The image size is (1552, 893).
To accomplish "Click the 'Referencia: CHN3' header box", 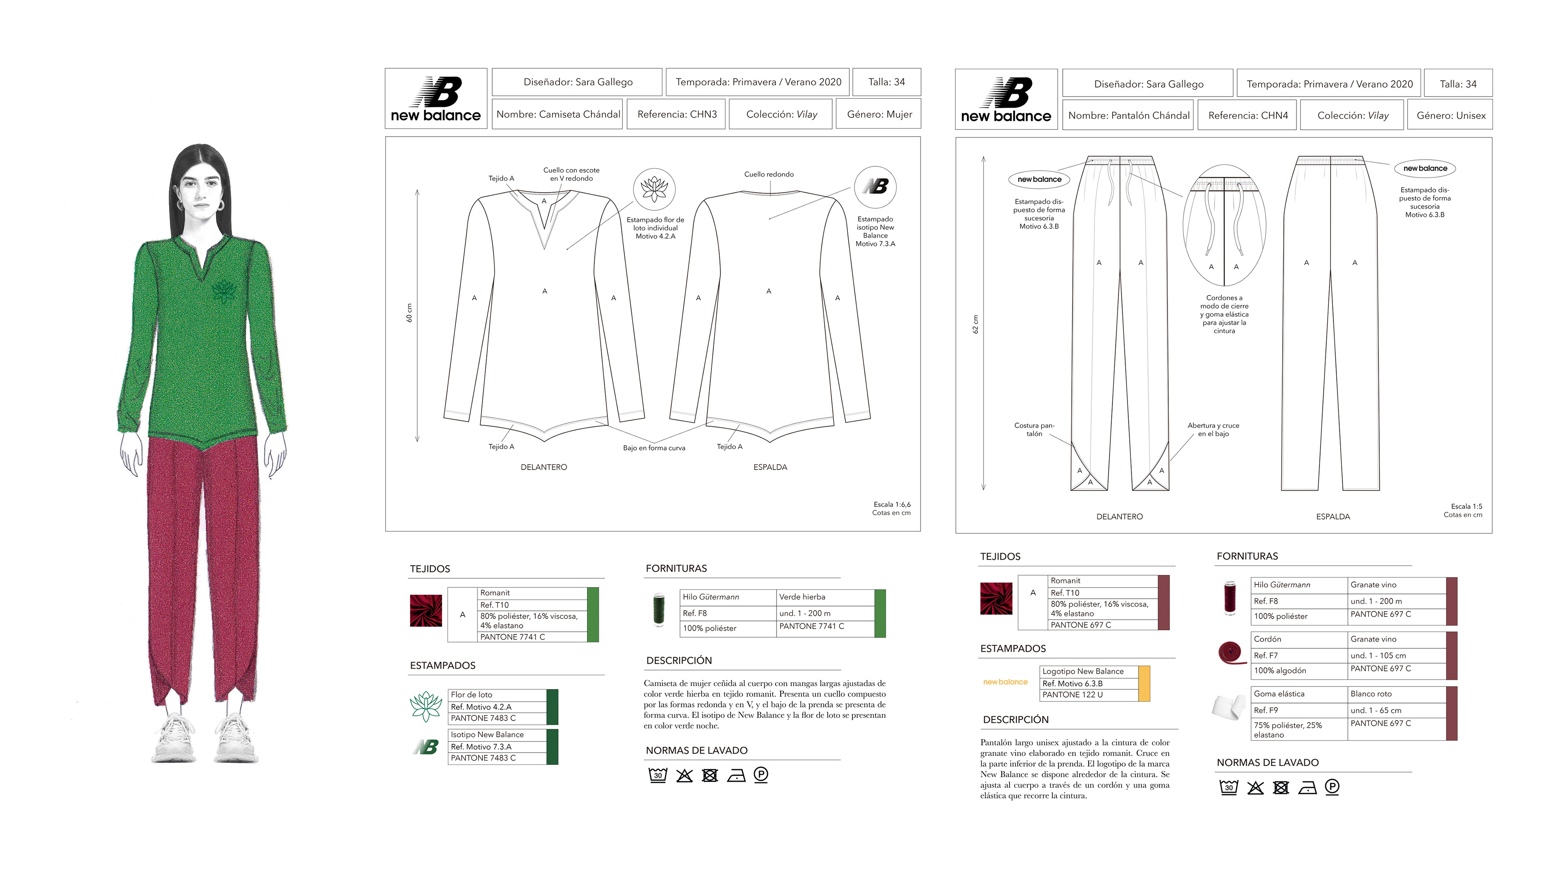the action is pos(677,114).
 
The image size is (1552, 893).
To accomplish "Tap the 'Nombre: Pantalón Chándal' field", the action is pos(1128,115).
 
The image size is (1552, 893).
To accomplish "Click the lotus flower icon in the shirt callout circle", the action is pos(654,189).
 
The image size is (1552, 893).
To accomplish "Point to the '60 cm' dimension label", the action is pos(409,313).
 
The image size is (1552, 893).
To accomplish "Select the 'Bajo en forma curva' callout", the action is pos(654,448).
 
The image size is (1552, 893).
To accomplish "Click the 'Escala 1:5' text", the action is pos(1466,507).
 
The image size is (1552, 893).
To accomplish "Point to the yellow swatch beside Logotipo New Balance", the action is pos(1144,683).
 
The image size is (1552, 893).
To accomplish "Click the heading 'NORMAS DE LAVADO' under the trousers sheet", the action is pos(1267,762).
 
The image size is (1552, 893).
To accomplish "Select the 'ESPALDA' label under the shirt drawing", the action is pos(770,467).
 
